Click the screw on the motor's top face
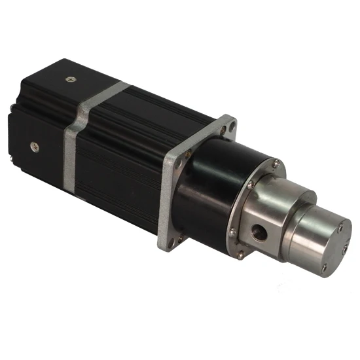pyautogui.click(x=70, y=79)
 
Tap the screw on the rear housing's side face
pyautogui.click(x=35, y=147)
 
